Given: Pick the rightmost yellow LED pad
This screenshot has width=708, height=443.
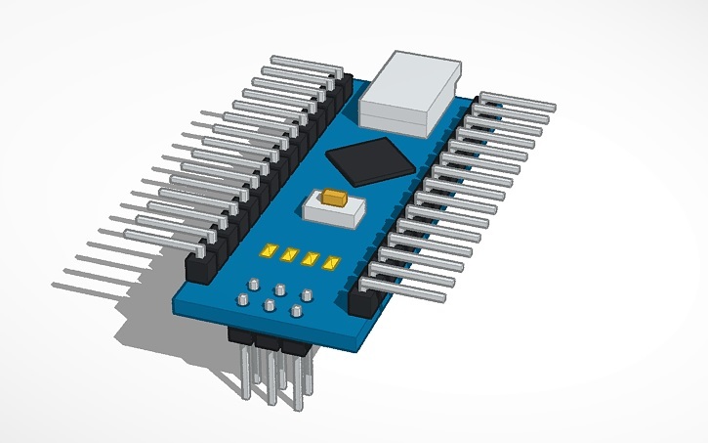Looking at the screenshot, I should coord(332,262).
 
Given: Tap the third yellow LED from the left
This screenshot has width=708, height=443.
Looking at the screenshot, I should coord(311,259).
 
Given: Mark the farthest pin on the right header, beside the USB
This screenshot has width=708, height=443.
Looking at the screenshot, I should coord(518,102).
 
